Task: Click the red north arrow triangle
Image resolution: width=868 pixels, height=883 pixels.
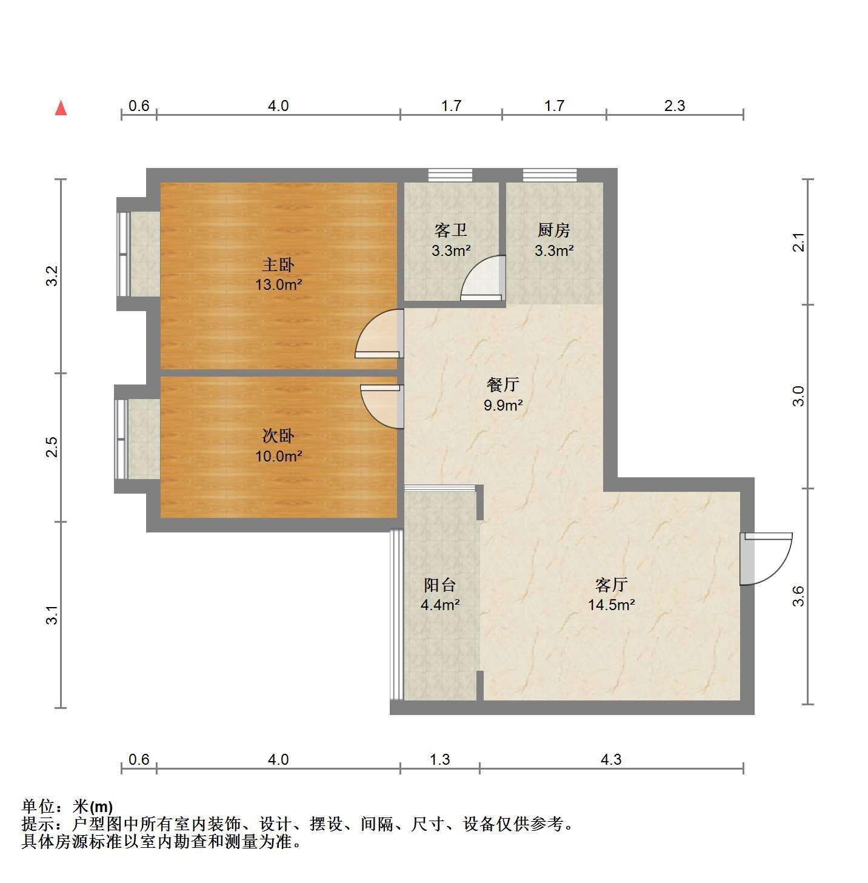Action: click(61, 108)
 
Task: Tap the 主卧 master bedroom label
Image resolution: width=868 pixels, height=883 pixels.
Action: click(278, 264)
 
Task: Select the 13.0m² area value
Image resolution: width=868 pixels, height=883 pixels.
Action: click(278, 284)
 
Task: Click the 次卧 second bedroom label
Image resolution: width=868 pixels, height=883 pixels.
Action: click(278, 436)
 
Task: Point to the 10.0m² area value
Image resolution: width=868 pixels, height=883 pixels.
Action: click(278, 456)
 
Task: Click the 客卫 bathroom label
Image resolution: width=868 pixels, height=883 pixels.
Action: click(451, 230)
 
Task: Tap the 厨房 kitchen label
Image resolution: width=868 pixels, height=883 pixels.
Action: click(554, 230)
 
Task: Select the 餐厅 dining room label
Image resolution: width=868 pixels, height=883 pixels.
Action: click(503, 384)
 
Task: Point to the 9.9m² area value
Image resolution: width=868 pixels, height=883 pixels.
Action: click(503, 405)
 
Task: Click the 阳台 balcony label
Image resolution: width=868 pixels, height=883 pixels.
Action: click(439, 585)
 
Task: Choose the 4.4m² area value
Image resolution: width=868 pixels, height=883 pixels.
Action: click(440, 605)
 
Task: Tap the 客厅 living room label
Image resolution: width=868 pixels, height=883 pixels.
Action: click(612, 585)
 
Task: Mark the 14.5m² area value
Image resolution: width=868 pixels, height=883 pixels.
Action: click(612, 605)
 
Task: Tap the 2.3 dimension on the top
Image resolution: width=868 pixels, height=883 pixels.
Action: click(674, 106)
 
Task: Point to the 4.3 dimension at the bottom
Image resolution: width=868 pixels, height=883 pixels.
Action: click(611, 759)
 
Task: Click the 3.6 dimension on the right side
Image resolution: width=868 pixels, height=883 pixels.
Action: click(798, 596)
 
